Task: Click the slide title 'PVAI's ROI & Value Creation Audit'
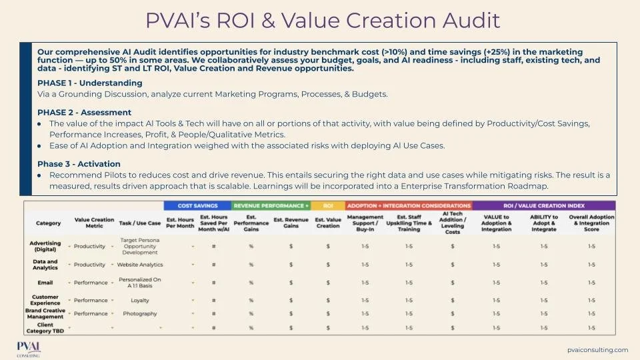click(x=323, y=21)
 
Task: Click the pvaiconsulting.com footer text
click(x=597, y=349)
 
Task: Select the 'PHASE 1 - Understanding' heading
click(x=90, y=83)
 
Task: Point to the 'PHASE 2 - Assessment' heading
click(x=85, y=113)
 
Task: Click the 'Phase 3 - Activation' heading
click(x=79, y=164)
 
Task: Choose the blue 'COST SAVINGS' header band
click(x=197, y=205)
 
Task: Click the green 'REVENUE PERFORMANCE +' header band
click(x=271, y=205)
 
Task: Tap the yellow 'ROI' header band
click(x=328, y=205)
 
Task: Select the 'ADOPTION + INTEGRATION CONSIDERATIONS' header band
click(x=409, y=205)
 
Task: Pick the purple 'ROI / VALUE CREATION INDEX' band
click(x=544, y=205)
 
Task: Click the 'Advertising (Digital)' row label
click(x=45, y=246)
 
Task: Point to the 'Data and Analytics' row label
click(x=45, y=265)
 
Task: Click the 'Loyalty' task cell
click(x=140, y=300)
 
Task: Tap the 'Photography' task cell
click(x=140, y=313)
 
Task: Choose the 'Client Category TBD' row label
click(x=45, y=327)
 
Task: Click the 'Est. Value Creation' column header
click(x=328, y=223)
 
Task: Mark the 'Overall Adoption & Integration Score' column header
click(x=591, y=223)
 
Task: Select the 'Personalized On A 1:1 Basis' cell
click(x=140, y=282)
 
